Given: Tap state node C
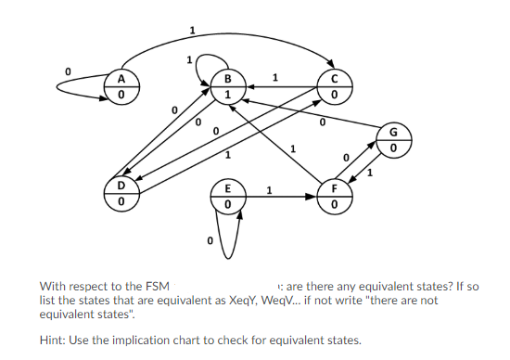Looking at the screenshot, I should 333,85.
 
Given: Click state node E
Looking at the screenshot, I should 226,195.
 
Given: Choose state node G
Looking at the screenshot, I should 394,139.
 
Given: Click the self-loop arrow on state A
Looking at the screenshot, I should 70,86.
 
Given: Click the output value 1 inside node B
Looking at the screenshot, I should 226,94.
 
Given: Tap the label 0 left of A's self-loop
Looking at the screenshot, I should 68,70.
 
